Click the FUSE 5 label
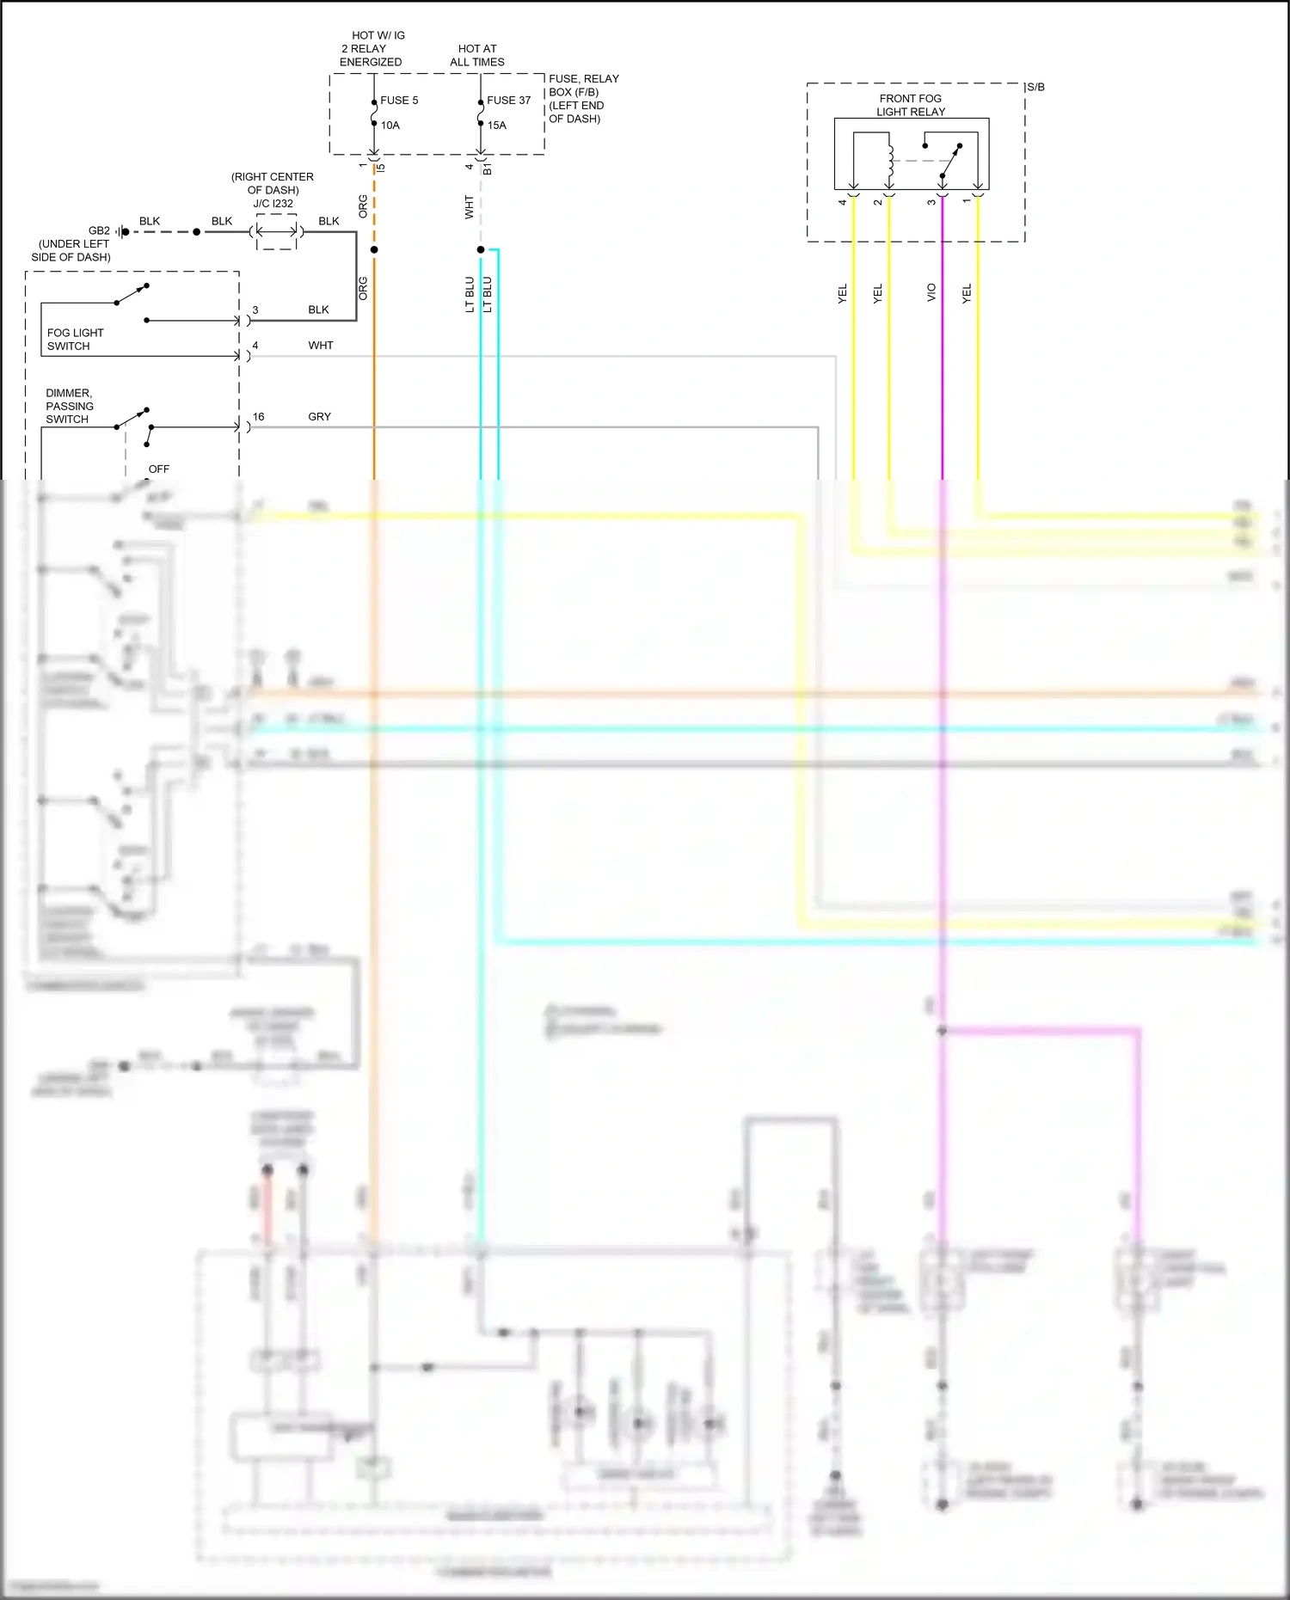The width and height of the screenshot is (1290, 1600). coord(399,101)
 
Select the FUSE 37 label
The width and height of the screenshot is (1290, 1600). coord(508,101)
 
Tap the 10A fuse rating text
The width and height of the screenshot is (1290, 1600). coord(390,126)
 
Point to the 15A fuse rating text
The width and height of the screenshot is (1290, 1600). coord(497,126)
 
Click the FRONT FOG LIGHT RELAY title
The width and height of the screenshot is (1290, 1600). coord(911,105)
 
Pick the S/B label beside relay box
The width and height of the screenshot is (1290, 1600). coord(1035,87)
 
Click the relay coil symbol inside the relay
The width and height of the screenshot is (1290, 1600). coord(890,160)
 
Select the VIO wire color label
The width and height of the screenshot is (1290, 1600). coord(931,292)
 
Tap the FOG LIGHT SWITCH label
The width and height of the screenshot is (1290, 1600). coord(75,340)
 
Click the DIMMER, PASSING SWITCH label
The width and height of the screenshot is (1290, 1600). coord(70,406)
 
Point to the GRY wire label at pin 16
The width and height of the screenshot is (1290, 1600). coord(319,417)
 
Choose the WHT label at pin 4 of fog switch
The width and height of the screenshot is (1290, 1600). coord(321,346)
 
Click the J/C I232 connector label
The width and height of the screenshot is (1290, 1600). coord(273,204)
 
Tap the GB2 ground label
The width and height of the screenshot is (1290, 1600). coord(99,231)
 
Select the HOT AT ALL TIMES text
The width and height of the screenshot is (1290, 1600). coord(477,55)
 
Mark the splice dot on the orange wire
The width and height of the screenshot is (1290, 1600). coord(374,250)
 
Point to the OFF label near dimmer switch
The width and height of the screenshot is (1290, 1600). coord(159,469)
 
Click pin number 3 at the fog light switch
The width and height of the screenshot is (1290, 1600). coord(255,310)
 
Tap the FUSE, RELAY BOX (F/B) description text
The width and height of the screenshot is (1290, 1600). coord(583,99)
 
